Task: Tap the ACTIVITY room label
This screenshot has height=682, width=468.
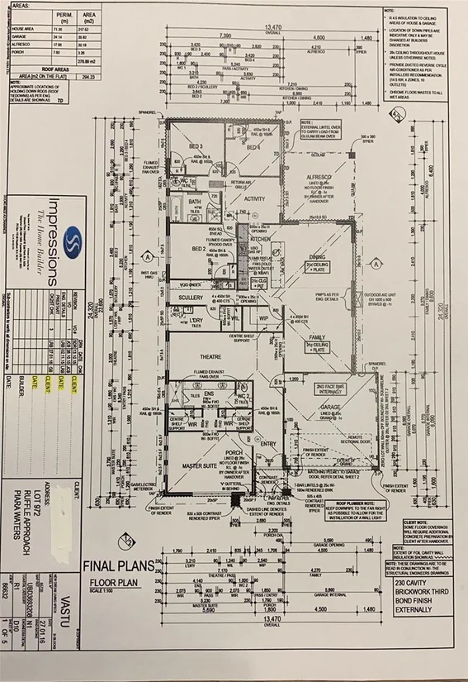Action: (254, 198)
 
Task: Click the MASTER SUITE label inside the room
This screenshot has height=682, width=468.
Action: (198, 467)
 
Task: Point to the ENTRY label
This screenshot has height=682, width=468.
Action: (269, 444)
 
